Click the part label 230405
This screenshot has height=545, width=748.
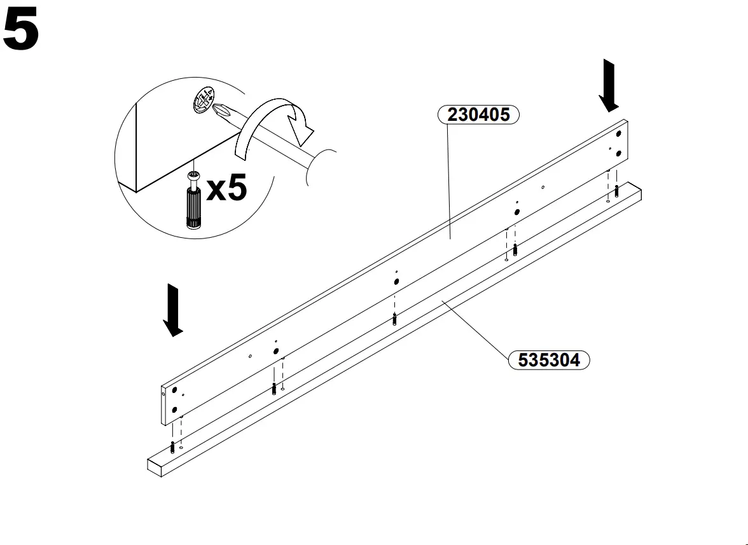point(478,114)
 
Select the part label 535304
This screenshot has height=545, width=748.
point(549,360)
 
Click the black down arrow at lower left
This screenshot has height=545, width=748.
point(172,310)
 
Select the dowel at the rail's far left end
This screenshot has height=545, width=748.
point(172,447)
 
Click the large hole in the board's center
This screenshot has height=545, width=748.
point(396,281)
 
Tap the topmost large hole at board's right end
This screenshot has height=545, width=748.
point(619,134)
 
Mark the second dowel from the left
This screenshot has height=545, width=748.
point(274,387)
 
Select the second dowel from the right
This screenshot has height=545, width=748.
point(515,249)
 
